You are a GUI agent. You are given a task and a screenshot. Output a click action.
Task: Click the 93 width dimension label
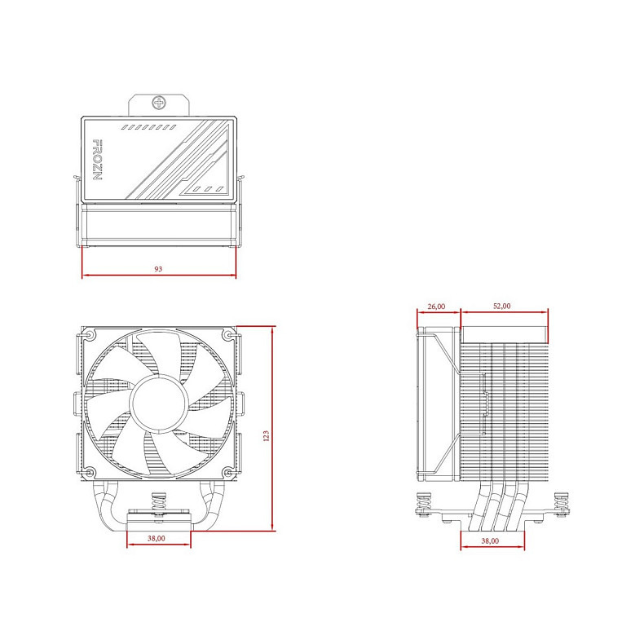point(158,268)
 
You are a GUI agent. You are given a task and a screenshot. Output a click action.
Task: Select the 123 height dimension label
point(266,436)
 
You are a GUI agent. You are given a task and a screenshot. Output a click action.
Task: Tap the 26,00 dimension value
point(436,306)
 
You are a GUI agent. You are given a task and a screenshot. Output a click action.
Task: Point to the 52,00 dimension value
point(502,306)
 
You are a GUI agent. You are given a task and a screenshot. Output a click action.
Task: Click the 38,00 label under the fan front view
point(157,538)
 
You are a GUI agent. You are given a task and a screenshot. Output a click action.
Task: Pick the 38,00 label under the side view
point(490,540)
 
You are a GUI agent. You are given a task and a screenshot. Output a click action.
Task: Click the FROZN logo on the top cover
point(95,161)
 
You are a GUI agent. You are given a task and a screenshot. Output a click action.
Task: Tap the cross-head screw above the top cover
point(159,104)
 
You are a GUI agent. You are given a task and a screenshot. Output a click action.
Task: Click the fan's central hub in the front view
point(158,402)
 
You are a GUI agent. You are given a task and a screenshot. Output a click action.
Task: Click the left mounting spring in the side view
point(422,505)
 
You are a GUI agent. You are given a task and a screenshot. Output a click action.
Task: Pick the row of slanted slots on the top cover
point(148,128)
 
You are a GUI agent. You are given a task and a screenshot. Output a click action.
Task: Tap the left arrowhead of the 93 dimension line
point(85,276)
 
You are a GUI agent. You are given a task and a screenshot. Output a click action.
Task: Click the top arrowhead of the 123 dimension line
point(273,329)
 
